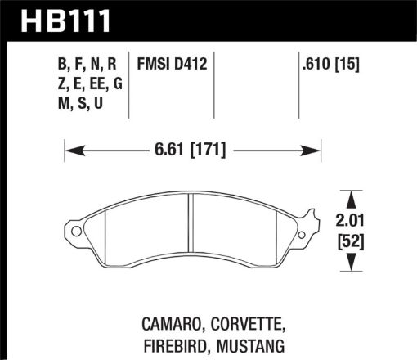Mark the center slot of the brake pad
tap(189, 221)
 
